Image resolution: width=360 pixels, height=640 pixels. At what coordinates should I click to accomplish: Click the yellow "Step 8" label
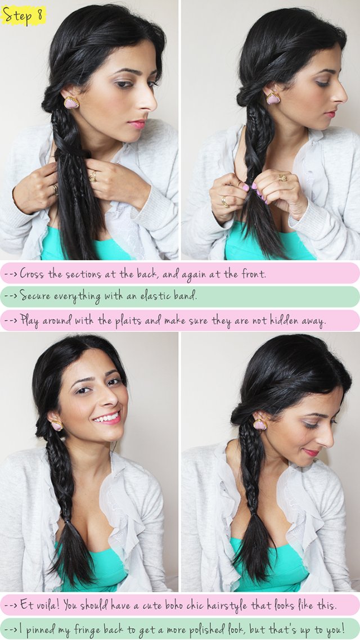point(24,15)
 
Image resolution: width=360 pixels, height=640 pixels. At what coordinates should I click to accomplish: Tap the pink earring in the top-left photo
point(71,102)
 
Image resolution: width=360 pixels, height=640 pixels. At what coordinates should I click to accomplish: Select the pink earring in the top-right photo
point(273,98)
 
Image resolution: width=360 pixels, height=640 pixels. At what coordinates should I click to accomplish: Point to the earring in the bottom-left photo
point(57,425)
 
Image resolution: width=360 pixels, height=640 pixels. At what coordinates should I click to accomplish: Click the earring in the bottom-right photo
point(260,424)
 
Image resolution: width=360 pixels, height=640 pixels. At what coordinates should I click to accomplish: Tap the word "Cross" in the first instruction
point(33,274)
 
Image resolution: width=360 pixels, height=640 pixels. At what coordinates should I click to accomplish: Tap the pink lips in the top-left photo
point(137,124)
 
